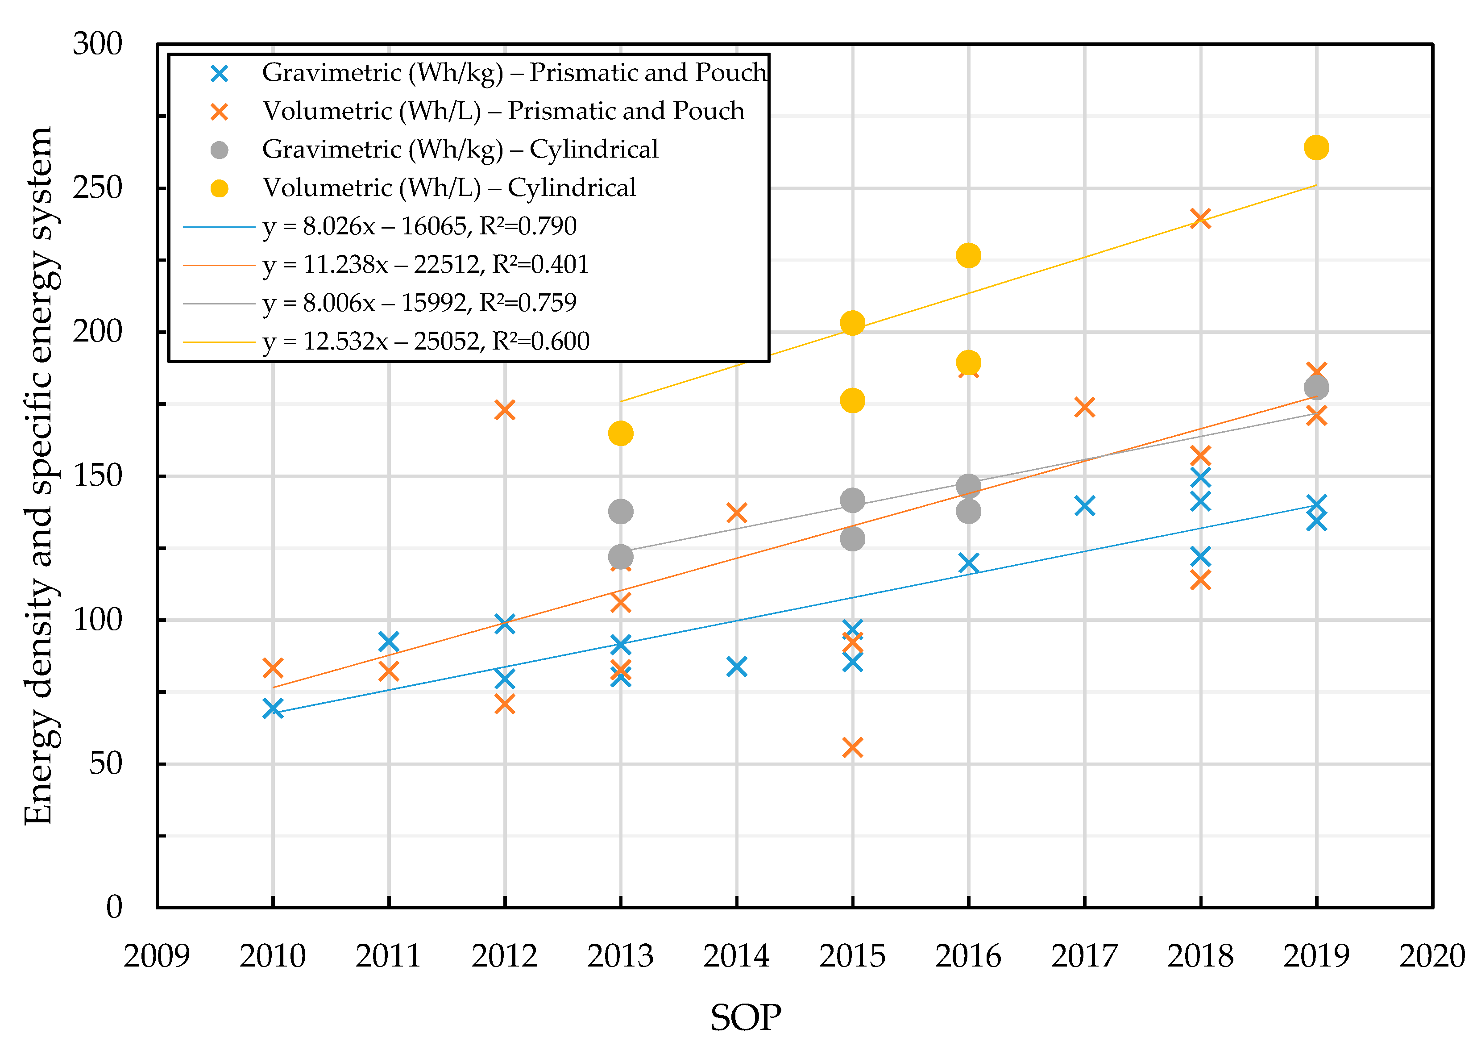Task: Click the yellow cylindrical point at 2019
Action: click(1315, 147)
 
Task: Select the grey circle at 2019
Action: click(1315, 387)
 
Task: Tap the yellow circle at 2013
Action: click(620, 433)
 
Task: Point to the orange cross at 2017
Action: click(1084, 407)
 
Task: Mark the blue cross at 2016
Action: click(968, 563)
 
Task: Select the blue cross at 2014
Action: click(736, 667)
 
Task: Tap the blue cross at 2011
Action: click(388, 642)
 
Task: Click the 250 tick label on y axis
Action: click(97, 188)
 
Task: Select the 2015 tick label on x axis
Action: click(852, 956)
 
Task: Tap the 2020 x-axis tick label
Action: click(1432, 956)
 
